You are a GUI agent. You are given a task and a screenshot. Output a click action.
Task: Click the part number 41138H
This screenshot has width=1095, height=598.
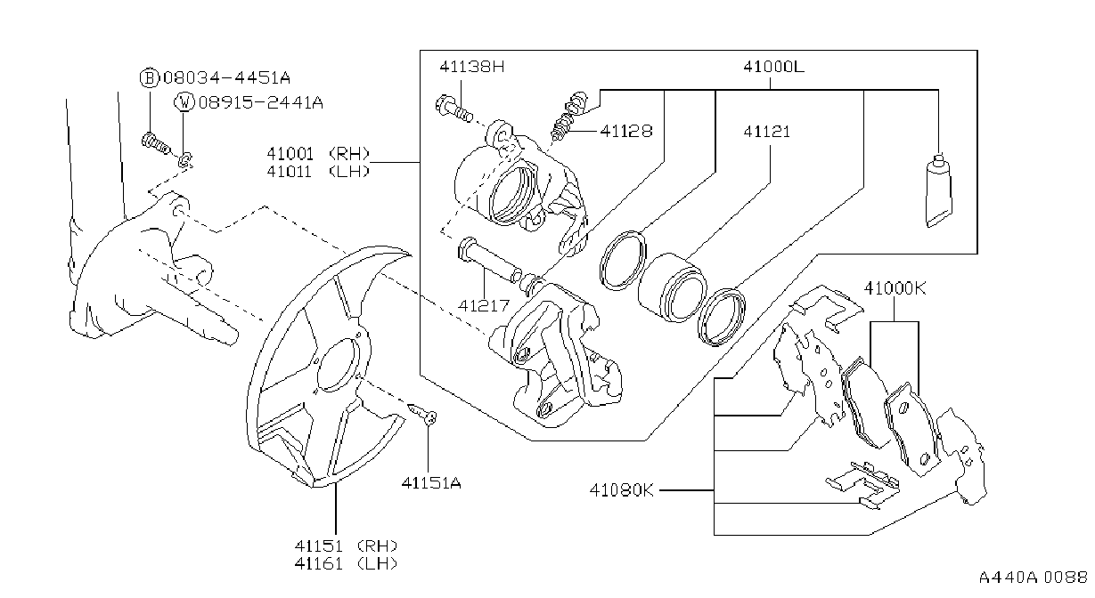[471, 67]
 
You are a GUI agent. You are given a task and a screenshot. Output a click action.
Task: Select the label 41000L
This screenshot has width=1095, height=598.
[773, 67]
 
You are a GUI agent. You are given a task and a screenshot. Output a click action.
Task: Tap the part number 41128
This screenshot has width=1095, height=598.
[626, 131]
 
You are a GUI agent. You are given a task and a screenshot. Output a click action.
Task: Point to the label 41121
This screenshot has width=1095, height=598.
[766, 132]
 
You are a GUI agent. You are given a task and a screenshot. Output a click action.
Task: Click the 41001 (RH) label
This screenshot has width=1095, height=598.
[318, 154]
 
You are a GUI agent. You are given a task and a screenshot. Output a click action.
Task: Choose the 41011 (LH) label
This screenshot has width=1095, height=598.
[318, 172]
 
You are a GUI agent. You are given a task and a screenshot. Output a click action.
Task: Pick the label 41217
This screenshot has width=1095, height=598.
[484, 305]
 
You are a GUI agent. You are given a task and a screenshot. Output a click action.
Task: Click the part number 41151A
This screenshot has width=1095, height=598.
[431, 483]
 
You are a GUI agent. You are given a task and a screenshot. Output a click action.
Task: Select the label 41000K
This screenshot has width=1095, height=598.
[895, 288]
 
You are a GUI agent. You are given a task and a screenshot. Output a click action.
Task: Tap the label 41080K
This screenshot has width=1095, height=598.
[621, 489]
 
